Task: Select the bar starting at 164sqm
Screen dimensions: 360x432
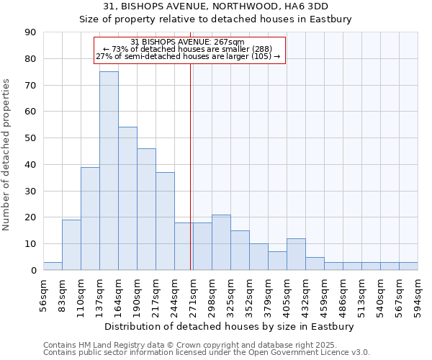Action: tap(127, 199)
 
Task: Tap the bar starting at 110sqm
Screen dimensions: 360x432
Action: tap(90, 218)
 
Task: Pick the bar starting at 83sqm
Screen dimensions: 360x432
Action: tap(71, 245)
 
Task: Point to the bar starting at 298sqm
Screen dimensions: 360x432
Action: tap(221, 242)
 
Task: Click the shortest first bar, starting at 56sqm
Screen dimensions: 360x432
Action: tap(53, 266)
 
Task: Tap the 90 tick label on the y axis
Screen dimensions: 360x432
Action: tap(30, 32)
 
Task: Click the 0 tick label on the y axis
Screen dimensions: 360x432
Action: tap(33, 271)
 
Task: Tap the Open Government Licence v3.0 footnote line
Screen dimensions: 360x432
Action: tap(207, 353)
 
